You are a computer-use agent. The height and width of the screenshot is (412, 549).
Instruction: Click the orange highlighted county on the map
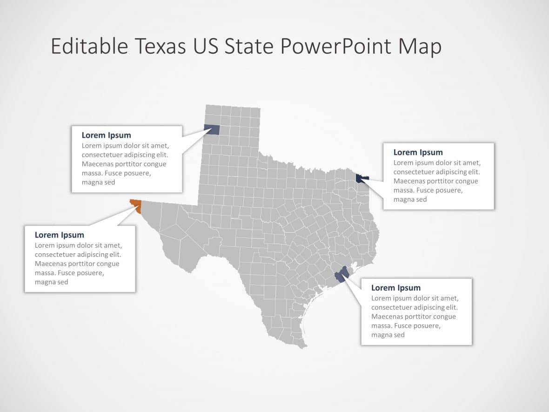pyautogui.click(x=136, y=205)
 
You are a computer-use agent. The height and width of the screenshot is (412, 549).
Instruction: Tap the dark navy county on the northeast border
pyautogui.click(x=362, y=178)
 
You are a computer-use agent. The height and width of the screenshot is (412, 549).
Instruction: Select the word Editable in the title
pyautogui.click(x=88, y=47)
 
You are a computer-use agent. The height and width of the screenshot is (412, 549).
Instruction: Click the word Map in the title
pyautogui.click(x=421, y=47)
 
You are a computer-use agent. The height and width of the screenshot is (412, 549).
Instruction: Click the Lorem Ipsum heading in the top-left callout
pyautogui.click(x=106, y=135)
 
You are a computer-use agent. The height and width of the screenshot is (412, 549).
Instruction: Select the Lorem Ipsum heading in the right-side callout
pyautogui.click(x=418, y=152)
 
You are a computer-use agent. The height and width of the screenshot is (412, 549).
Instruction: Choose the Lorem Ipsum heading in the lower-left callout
pyautogui.click(x=59, y=235)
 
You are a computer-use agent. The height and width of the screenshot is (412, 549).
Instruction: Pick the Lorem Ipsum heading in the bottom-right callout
pyautogui.click(x=395, y=288)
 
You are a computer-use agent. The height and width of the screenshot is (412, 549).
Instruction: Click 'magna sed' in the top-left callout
pyautogui.click(x=98, y=182)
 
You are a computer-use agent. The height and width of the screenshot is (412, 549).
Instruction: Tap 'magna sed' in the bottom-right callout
pyautogui.click(x=388, y=335)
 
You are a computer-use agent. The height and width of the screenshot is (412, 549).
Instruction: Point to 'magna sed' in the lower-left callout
pyautogui.click(x=51, y=282)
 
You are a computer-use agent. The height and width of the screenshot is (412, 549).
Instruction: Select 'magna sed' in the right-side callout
pyautogui.click(x=410, y=199)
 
